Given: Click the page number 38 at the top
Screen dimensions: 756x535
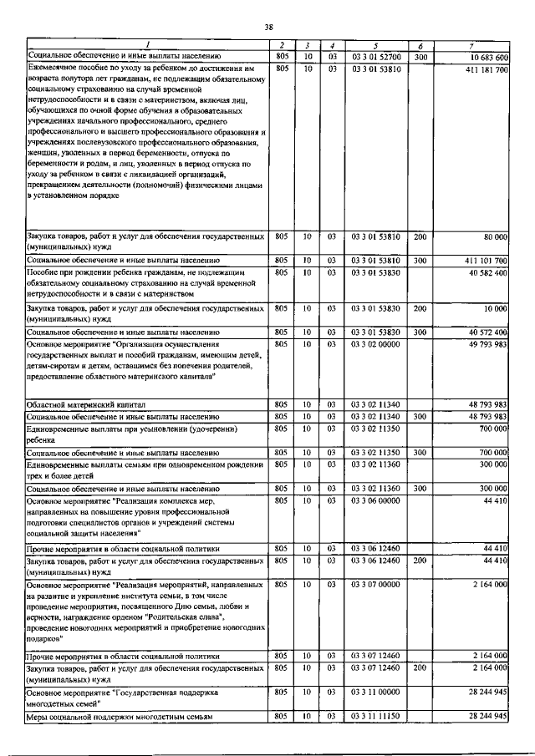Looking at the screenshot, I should tap(268, 28).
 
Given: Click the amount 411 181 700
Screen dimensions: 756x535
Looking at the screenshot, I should tap(487, 68).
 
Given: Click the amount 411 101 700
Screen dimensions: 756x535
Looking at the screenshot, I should tap(487, 261).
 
